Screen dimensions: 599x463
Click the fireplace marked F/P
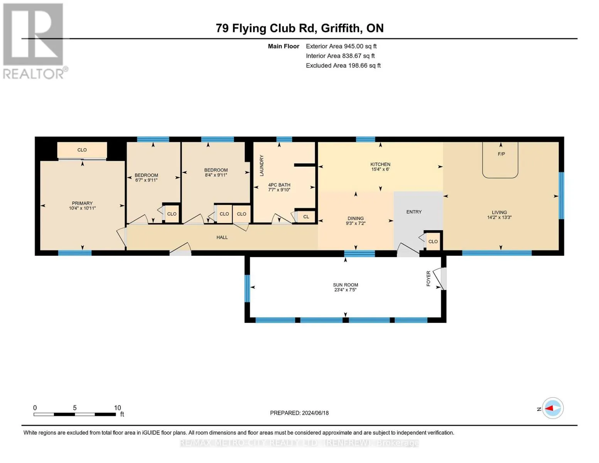500,160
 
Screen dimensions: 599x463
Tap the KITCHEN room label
380,164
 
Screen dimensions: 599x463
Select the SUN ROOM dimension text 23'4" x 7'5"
345,290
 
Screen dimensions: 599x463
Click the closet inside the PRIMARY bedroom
82,150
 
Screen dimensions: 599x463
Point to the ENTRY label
414,212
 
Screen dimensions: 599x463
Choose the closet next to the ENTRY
433,242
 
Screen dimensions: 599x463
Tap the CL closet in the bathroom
306,217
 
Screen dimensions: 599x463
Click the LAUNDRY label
262,166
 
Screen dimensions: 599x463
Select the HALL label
222,237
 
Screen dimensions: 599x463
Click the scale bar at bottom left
75,414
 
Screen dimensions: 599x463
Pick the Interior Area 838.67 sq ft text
340,56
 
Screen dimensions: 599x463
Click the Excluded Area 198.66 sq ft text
343,65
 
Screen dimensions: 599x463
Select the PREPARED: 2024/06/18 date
299,413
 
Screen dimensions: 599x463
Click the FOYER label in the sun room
429,279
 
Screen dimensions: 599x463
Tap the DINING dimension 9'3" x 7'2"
356,223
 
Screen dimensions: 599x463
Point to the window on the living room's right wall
561,196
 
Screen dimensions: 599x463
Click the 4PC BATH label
279,185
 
